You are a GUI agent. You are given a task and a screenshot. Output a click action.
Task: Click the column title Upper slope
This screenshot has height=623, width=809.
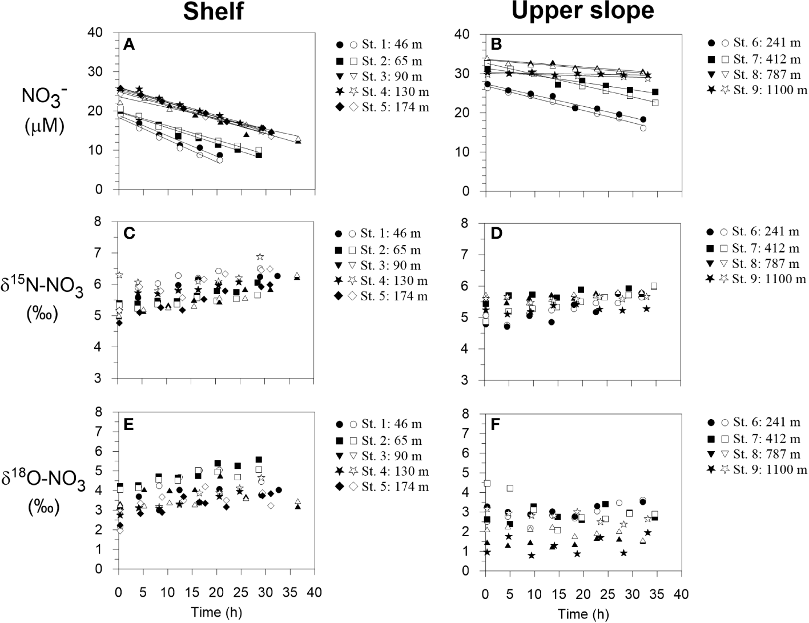tap(583, 11)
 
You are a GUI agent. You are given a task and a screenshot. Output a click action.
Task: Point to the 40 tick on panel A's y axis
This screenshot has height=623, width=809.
tap(107, 33)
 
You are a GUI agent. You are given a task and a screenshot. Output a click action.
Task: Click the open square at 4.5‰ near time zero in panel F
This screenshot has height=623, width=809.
tap(487, 483)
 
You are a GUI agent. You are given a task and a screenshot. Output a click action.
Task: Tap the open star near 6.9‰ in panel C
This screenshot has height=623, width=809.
tap(260, 257)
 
